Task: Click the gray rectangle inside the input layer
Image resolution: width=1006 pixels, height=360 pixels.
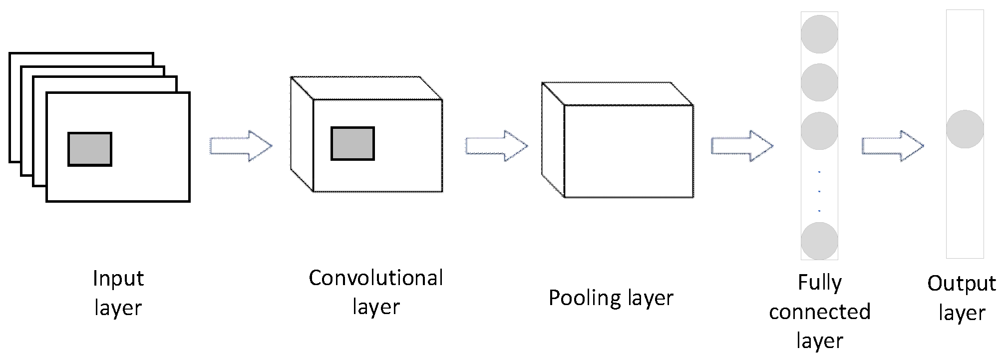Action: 90,149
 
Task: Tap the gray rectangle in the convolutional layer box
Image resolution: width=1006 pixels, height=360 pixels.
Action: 353,144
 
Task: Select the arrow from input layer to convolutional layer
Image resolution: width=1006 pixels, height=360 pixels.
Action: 241,146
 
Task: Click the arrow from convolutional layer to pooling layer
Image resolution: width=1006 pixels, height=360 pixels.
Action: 497,146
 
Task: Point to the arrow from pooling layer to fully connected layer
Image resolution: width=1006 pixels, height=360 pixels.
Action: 742,146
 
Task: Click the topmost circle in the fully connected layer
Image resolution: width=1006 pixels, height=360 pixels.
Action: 819,34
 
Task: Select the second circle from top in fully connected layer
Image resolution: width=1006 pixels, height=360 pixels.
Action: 819,82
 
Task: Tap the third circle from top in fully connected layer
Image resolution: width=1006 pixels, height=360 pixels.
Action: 819,131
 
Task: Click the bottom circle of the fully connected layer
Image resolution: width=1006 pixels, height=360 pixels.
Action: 819,241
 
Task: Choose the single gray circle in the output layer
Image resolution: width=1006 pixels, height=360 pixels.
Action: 965,129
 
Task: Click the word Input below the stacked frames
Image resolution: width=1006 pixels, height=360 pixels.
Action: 118,279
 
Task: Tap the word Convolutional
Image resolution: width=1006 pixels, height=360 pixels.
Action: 376,278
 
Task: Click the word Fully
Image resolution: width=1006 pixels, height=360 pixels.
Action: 820,283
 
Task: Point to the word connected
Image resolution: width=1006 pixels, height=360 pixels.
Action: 820,312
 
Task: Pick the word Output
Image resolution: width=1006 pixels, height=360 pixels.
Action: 962,284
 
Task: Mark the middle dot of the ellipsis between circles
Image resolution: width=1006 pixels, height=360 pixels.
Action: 819,192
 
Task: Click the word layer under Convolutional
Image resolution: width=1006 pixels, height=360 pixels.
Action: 376,307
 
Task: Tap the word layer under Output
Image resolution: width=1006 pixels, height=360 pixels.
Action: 962,313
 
